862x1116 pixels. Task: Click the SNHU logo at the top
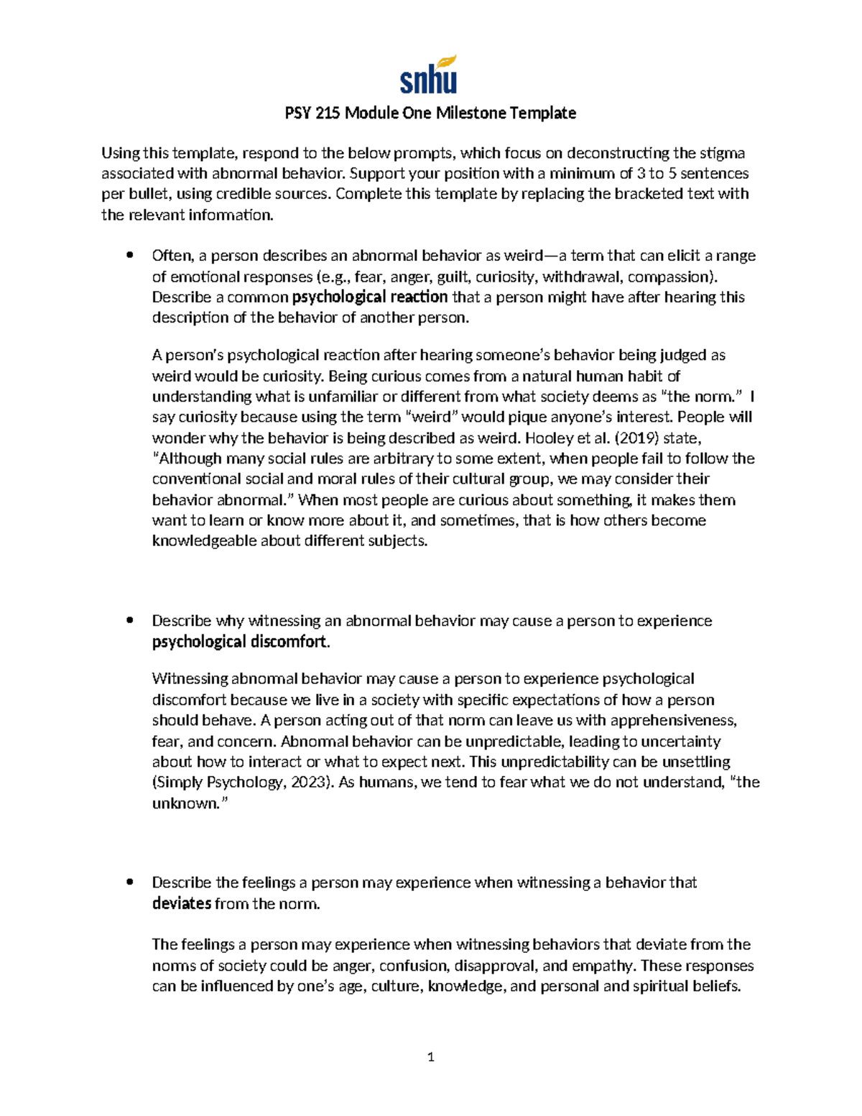click(x=429, y=75)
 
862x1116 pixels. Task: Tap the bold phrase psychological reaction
click(x=369, y=298)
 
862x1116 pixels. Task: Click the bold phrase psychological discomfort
click(x=239, y=642)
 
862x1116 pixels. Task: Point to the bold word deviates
click(x=182, y=903)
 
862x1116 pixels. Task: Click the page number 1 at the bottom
click(x=430, y=1057)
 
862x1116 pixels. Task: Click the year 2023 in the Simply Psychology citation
click(x=309, y=783)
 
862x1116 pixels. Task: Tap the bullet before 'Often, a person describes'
click(x=129, y=255)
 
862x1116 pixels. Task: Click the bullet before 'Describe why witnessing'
click(x=129, y=621)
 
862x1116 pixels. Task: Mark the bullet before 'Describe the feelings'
click(x=129, y=882)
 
